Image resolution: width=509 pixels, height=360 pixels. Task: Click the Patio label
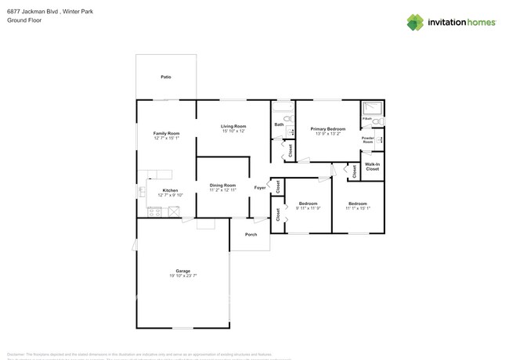pyautogui.click(x=166, y=77)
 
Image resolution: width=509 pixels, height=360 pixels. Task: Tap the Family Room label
pyautogui.click(x=166, y=133)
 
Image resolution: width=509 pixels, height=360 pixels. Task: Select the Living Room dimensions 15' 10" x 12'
pyautogui.click(x=233, y=131)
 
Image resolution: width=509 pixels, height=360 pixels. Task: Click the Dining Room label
pyautogui.click(x=222, y=185)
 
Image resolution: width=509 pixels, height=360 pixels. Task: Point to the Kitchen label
pyautogui.click(x=170, y=190)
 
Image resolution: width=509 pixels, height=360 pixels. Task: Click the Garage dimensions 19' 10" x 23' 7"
pyautogui.click(x=182, y=276)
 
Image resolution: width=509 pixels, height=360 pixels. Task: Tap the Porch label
pyautogui.click(x=251, y=234)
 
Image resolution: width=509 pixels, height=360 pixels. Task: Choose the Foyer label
pyautogui.click(x=260, y=188)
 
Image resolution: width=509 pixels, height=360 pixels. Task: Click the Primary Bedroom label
pyautogui.click(x=327, y=128)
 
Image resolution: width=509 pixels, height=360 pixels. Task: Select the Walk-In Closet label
pyautogui.click(x=372, y=167)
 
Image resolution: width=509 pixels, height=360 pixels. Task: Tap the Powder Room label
pyautogui.click(x=368, y=140)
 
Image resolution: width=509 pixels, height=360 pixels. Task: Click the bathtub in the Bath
pyautogui.click(x=282, y=106)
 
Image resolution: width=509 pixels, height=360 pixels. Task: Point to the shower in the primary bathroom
pyautogui.click(x=372, y=108)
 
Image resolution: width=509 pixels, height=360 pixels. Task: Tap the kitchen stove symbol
pyautogui.click(x=155, y=211)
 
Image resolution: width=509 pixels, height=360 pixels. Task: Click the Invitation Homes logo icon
pyautogui.click(x=415, y=22)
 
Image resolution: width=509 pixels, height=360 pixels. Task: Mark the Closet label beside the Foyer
pyautogui.click(x=277, y=186)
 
